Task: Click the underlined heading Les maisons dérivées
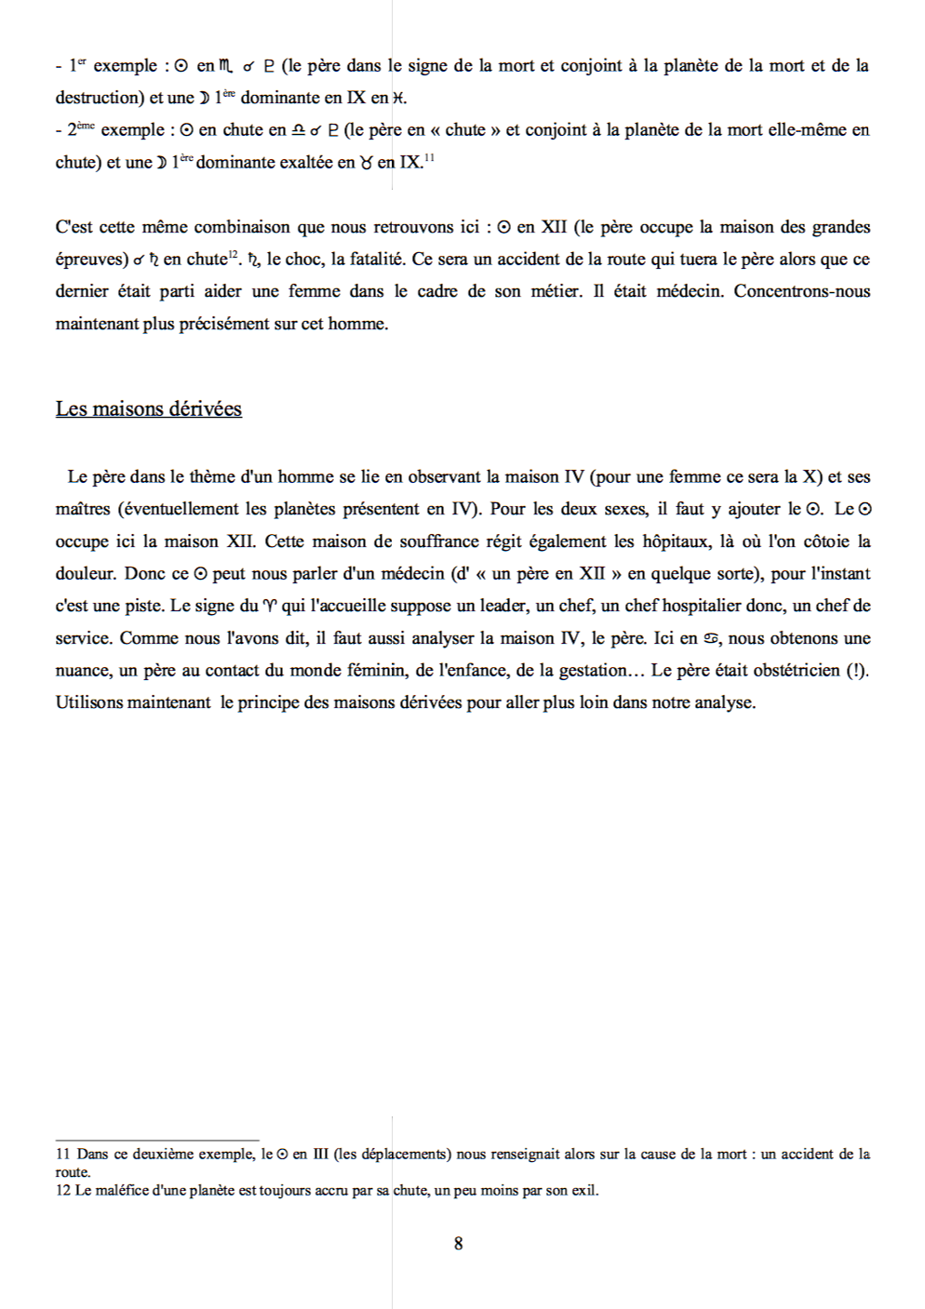(x=148, y=409)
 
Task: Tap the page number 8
(x=458, y=1244)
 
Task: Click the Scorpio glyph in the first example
(x=227, y=66)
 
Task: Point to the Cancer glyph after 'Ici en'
(x=712, y=639)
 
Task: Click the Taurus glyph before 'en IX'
(x=367, y=164)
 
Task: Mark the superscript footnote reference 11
(x=429, y=157)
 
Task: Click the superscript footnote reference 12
(x=234, y=254)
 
